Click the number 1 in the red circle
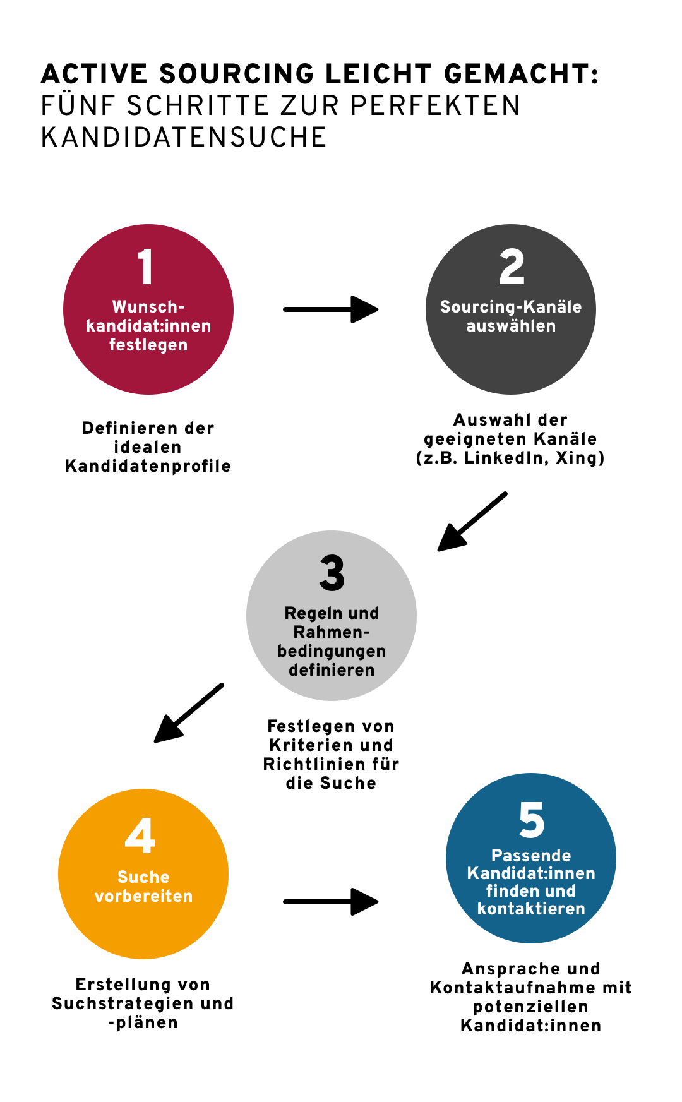click(x=146, y=267)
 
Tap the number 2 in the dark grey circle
click(x=512, y=267)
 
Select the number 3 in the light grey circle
click(x=332, y=573)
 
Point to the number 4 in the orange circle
click(x=140, y=835)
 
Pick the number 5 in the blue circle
click(x=531, y=820)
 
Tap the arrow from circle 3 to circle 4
click(x=188, y=714)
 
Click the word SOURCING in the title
click(x=237, y=75)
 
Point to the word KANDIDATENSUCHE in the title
click(x=184, y=138)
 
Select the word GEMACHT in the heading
click(x=517, y=75)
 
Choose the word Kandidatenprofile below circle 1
click(x=148, y=466)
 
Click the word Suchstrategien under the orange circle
click(x=124, y=1003)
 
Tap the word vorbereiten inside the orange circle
click(x=143, y=896)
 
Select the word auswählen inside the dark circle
click(x=511, y=326)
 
